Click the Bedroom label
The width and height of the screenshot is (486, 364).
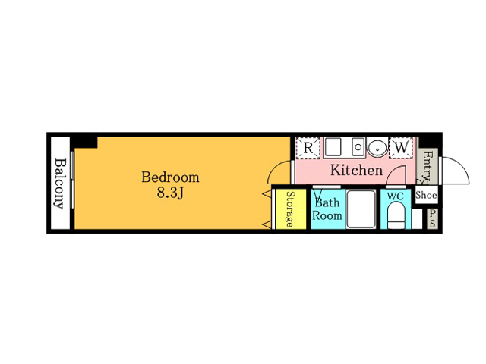coord(170,177)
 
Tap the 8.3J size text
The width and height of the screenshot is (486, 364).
coord(170,193)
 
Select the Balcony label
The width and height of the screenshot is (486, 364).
coord(60,184)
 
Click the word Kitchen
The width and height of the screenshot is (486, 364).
coord(356,170)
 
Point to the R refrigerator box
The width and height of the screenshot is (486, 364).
coord(308,148)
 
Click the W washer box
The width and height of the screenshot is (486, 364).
coord(401,148)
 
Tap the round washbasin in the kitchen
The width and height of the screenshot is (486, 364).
coord(377,148)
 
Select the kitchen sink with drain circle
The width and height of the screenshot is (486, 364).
coord(358,146)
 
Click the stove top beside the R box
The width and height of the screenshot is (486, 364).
coord(333,146)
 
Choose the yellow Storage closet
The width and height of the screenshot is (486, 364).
coord(291,209)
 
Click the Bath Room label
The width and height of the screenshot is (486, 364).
coord(327,209)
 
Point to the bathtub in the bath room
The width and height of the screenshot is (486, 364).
coord(361,209)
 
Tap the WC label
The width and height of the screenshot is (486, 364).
coord(396,196)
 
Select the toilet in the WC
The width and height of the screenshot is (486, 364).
coord(396,215)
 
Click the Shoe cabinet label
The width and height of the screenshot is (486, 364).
coord(426,195)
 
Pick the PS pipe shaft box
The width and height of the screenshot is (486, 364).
coord(432,218)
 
